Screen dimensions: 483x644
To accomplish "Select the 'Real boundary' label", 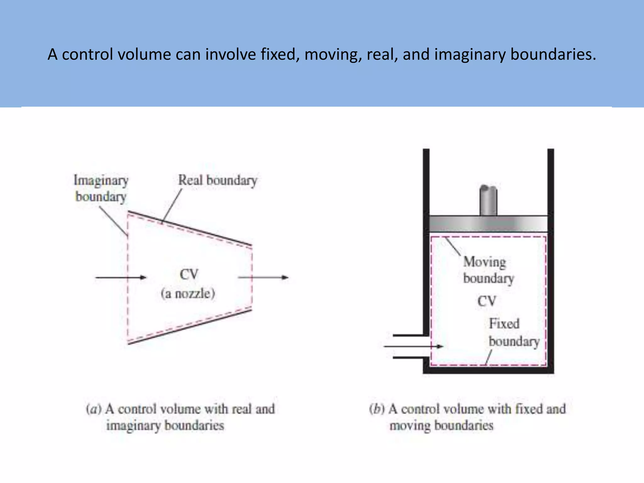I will (x=218, y=180).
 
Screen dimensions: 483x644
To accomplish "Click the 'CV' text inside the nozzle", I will (x=189, y=275).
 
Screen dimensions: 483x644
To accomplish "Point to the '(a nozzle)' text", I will (x=188, y=294).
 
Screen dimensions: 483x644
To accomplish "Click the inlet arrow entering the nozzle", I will (x=121, y=277).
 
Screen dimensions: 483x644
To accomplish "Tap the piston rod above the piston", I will (x=488, y=201).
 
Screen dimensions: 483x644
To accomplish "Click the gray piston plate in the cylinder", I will (x=488, y=224).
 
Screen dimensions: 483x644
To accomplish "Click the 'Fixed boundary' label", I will (x=514, y=333).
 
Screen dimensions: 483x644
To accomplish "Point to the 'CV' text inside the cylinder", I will (x=487, y=301).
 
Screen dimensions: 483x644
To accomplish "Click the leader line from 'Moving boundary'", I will (x=453, y=247).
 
